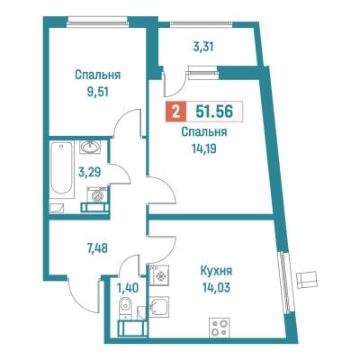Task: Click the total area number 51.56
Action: (214, 112)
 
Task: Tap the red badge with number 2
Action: (176, 112)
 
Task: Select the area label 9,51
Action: (97, 92)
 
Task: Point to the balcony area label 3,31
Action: (203, 47)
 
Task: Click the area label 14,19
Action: (204, 148)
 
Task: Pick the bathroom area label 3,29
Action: (89, 173)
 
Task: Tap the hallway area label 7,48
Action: (96, 248)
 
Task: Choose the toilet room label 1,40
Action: (128, 288)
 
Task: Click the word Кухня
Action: (216, 272)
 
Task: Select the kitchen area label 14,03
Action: (216, 288)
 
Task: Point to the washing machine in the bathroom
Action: (96, 194)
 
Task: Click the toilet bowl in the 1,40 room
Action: (124, 307)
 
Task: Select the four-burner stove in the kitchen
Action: (220, 327)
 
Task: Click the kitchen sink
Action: (159, 306)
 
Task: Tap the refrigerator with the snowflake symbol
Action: (159, 275)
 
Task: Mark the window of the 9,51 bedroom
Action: (98, 22)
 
